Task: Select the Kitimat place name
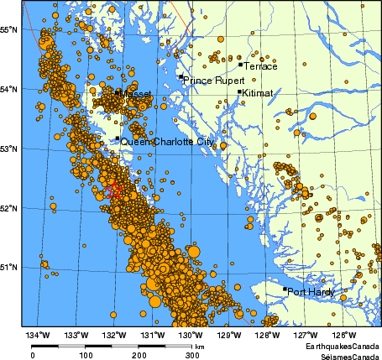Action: (257, 94)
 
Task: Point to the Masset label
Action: (137, 96)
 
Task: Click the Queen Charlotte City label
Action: (166, 143)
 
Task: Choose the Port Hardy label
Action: (311, 293)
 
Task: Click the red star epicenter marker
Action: (114, 190)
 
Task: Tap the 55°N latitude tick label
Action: (9, 29)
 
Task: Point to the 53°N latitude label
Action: (9, 149)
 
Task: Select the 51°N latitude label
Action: (9, 267)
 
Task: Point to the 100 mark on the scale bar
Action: (86, 355)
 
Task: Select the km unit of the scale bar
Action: (199, 346)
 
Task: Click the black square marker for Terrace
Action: (240, 64)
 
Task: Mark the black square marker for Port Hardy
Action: (285, 290)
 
